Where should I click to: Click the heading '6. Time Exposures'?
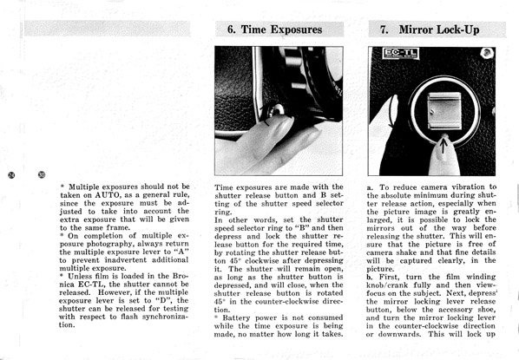(274, 29)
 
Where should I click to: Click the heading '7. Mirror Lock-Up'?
(430, 29)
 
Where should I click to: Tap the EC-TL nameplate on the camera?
(401, 53)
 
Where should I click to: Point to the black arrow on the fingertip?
(443, 145)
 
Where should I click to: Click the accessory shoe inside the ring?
(444, 111)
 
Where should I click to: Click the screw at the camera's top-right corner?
(485, 53)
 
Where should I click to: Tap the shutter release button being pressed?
(276, 110)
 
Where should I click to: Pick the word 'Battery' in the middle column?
(236, 318)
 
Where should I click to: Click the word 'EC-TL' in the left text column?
(91, 285)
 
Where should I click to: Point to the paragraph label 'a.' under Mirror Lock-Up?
(370, 187)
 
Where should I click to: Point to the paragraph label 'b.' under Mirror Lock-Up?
(370, 277)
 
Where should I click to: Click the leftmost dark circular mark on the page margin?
(11, 174)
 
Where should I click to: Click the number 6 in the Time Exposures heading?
(231, 29)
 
